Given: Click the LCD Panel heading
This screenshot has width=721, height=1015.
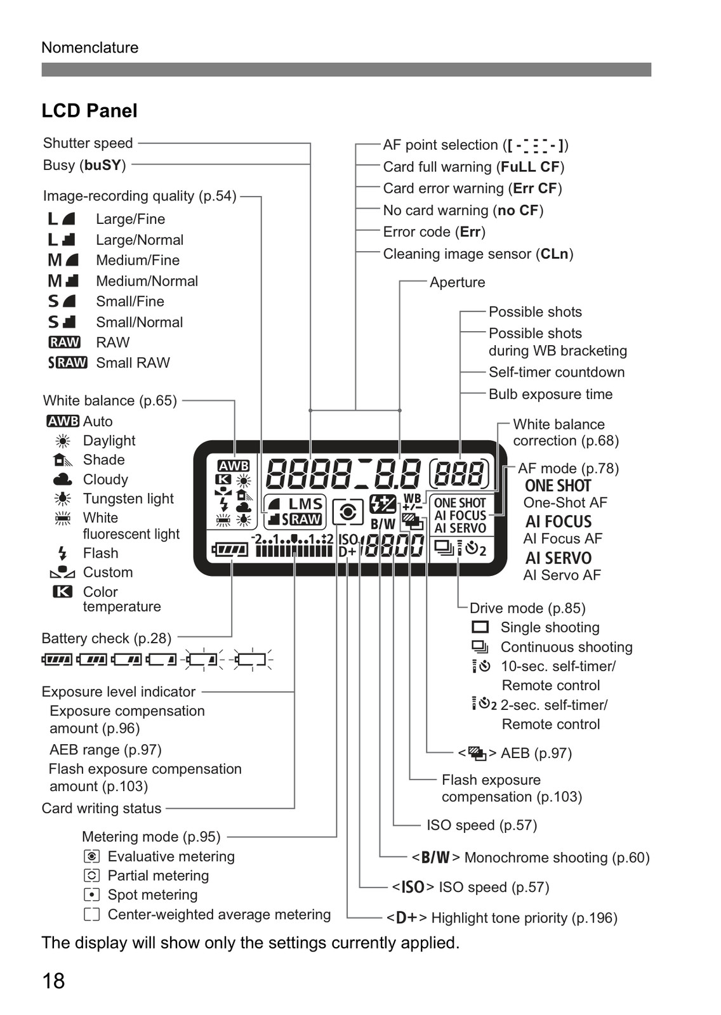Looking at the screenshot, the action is point(89,110).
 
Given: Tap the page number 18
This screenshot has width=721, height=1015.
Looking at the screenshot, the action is point(53,981).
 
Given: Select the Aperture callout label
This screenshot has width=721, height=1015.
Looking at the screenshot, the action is point(457,282).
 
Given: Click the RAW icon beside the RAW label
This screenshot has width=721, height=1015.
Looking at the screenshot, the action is point(64,342).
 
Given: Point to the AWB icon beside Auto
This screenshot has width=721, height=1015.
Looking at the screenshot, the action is point(63,421).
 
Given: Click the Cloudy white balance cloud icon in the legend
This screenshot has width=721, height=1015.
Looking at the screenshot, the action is point(62,479).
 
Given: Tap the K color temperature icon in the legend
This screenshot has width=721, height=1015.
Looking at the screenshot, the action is point(62,592).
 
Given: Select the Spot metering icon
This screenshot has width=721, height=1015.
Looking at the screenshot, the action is point(91,895).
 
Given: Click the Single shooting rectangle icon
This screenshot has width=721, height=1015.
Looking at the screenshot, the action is point(480,627).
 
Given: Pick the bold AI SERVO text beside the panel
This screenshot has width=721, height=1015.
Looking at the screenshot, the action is point(559,558).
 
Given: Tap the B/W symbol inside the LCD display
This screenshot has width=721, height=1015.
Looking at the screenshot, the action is point(383,524).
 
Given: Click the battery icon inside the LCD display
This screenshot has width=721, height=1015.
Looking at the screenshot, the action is point(230,550).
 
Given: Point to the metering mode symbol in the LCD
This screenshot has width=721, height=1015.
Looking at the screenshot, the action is point(348,513).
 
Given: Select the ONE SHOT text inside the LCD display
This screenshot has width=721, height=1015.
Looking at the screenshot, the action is point(460,503).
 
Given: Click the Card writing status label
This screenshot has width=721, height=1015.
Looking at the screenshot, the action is point(102,808).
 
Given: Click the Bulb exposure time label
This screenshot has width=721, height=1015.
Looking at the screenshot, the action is point(550,394).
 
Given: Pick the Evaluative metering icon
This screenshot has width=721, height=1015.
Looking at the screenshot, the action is point(91,856).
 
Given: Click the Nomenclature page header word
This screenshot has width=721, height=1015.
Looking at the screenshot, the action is point(89,48).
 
